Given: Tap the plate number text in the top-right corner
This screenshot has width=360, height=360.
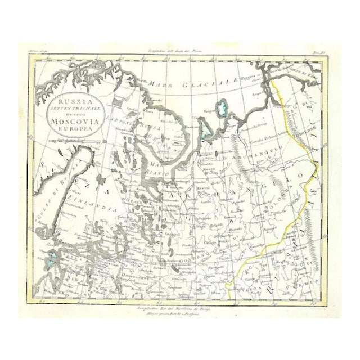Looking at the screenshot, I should [x=318, y=51].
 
